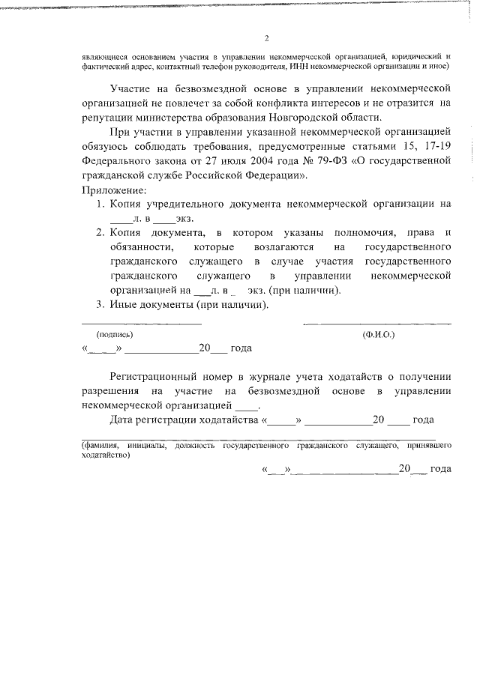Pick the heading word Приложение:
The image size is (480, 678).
click(113, 190)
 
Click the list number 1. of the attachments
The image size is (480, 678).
click(100, 204)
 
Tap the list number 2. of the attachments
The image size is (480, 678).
click(100, 233)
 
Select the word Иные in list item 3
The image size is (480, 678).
click(124, 305)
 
